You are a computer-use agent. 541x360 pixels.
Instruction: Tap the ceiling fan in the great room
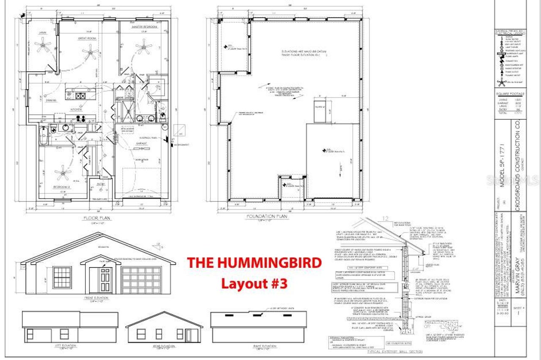(x=90, y=52)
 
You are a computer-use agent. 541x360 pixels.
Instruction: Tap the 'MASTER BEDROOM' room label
(x=144, y=27)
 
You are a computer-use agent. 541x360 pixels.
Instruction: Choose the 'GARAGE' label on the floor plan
(x=142, y=143)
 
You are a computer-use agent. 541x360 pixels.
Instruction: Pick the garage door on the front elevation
(x=142, y=280)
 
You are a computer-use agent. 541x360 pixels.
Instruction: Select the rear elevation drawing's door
(x=189, y=335)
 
